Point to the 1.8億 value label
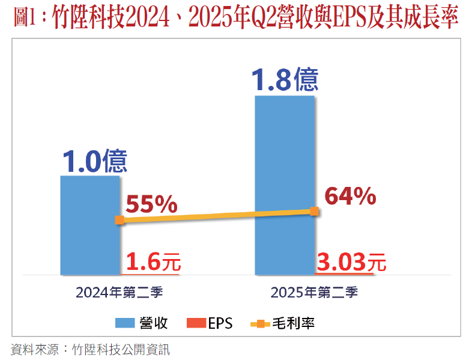(x=285, y=79)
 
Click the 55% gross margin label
(x=151, y=205)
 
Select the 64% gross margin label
(x=350, y=197)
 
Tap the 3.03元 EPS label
(x=351, y=262)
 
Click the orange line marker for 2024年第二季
(x=119, y=220)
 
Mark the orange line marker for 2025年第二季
(x=314, y=210)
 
